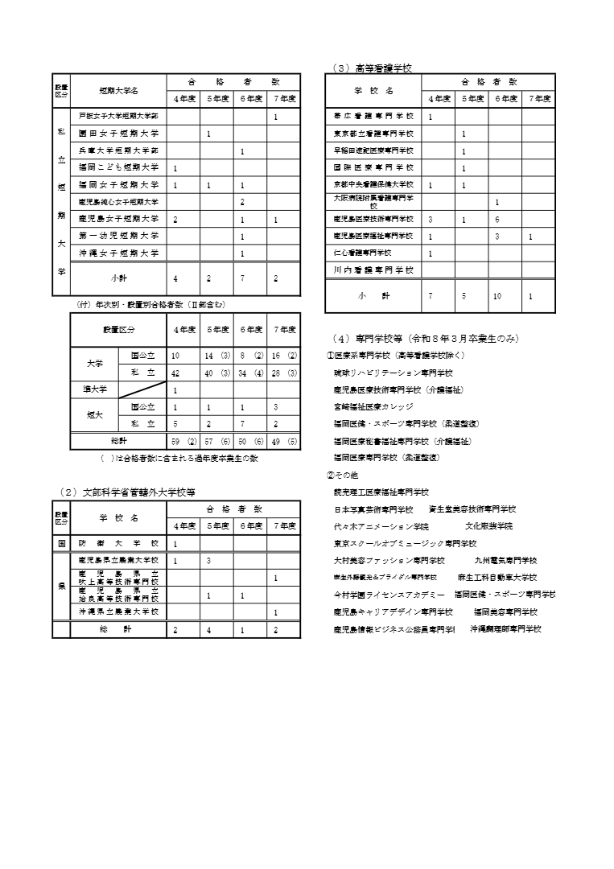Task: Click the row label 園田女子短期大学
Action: pos(118,133)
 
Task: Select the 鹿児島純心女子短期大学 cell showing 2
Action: pos(242,201)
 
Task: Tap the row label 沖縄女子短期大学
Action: pos(118,253)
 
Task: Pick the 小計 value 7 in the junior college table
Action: pos(242,278)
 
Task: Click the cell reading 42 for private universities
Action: pos(176,373)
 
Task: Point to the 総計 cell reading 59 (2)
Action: pos(184,441)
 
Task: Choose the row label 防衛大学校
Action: pos(118,543)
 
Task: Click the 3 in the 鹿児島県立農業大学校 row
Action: pos(209,560)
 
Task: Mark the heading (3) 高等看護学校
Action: pos(371,68)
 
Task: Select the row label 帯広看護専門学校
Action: pos(373,117)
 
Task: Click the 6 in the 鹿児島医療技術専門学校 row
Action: pos(497,219)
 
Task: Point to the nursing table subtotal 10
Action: pos(497,296)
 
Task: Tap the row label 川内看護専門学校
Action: pos(373,270)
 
